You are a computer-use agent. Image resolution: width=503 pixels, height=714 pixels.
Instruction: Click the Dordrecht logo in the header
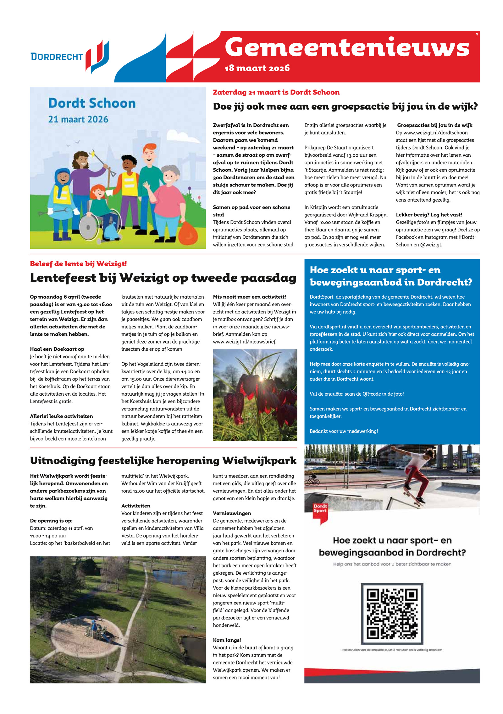coord(70,56)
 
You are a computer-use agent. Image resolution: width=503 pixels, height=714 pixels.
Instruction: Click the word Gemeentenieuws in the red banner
coord(347,47)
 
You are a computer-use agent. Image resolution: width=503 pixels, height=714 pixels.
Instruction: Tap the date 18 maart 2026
coord(257,68)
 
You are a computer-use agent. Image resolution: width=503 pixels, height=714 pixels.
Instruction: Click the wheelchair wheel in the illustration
coord(88,226)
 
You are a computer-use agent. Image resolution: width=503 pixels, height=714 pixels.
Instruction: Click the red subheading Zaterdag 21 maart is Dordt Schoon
coord(276,92)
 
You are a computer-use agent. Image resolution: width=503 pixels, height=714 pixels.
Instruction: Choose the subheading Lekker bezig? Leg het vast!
coord(428,215)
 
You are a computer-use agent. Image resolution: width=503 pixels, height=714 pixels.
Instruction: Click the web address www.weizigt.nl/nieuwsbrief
coord(244,342)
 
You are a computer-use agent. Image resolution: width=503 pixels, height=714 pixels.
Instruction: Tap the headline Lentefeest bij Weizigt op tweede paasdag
coord(163,278)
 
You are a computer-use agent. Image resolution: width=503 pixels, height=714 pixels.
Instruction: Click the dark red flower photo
coord(255,395)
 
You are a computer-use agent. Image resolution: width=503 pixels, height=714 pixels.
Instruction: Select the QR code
coord(392,614)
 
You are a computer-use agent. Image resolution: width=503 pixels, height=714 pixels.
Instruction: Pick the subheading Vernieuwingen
coord(232,513)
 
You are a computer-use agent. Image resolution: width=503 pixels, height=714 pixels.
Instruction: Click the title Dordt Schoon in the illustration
coord(92,103)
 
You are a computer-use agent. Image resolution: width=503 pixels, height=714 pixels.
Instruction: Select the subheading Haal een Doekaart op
coord(57,349)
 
